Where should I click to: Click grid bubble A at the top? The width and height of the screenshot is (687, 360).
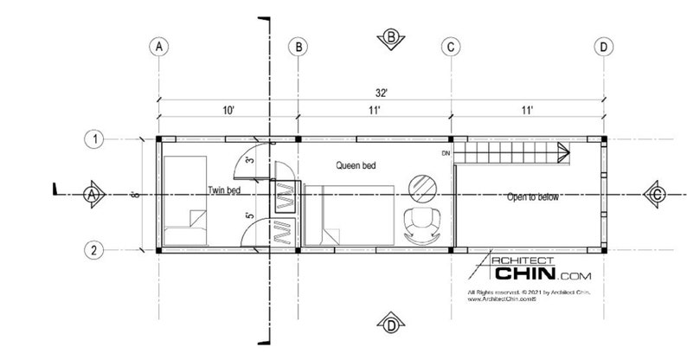[157, 47]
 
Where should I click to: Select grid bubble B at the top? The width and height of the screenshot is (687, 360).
[298, 47]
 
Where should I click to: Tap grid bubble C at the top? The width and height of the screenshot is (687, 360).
[450, 47]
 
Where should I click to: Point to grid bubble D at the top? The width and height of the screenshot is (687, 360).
[603, 47]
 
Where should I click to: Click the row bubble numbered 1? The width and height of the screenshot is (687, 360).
[94, 138]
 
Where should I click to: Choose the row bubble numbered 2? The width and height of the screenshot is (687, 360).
[94, 250]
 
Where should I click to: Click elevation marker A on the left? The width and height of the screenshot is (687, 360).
[91, 194]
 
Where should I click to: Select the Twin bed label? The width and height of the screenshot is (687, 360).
[223, 190]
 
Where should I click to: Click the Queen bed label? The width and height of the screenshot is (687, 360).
[356, 164]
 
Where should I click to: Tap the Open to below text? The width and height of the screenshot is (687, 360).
[531, 197]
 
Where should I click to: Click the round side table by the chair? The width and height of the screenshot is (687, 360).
[423, 184]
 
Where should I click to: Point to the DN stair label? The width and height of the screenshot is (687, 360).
[446, 154]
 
